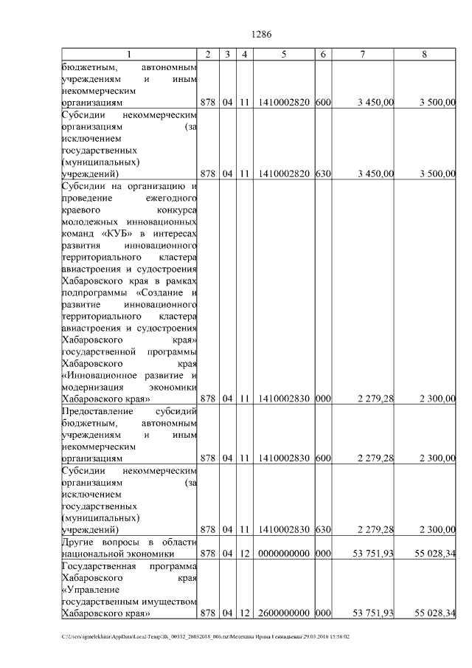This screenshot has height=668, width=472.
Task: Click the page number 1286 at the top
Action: [262, 35]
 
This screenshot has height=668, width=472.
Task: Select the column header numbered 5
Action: [284, 55]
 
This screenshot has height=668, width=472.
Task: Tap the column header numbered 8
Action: [424, 55]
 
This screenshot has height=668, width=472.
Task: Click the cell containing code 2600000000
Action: [284, 613]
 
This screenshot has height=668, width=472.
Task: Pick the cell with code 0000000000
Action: [284, 553]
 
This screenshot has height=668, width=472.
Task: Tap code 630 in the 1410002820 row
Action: [322, 173]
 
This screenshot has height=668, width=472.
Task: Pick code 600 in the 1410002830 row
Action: [322, 458]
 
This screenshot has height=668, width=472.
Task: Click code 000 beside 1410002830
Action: [322, 399]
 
